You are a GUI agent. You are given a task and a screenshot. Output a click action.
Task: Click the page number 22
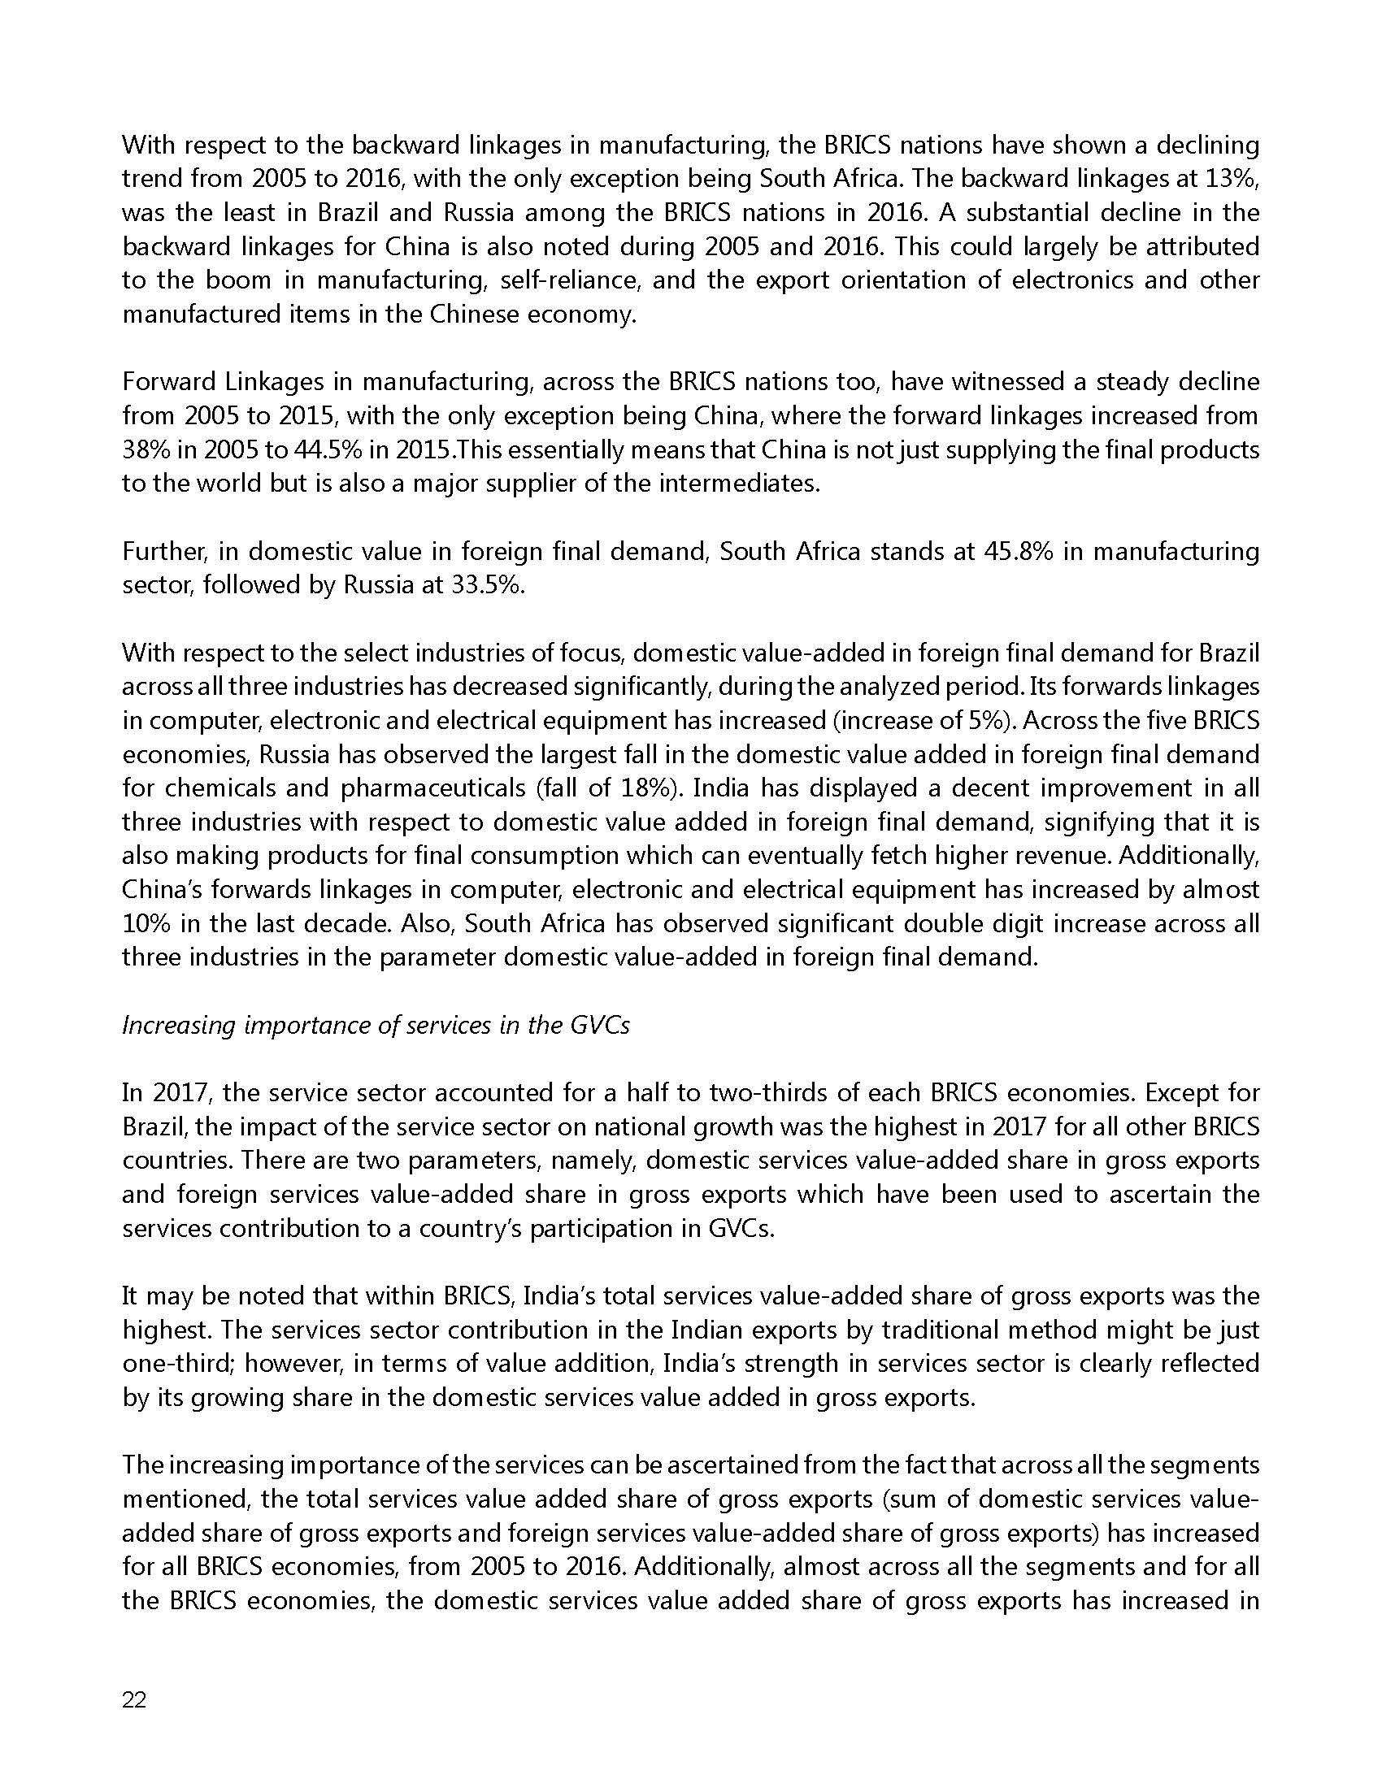pos(134,1700)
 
